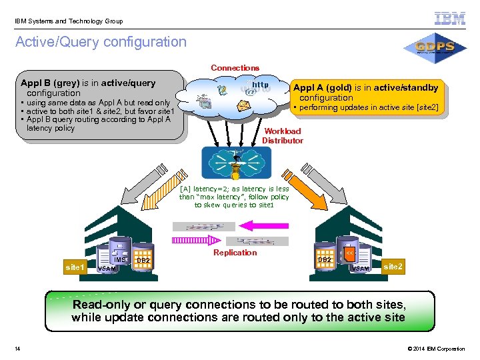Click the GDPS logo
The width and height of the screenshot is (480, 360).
click(x=434, y=47)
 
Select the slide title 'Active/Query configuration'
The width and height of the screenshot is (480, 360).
click(x=101, y=42)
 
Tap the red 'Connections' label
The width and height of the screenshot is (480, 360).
click(x=235, y=67)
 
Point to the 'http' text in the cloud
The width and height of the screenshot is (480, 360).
click(x=261, y=85)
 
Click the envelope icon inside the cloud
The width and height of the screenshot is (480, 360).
click(x=244, y=105)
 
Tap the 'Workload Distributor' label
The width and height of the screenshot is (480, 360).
click(x=283, y=136)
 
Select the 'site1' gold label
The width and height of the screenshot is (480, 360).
click(x=75, y=267)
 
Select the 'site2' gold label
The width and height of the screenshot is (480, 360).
click(x=393, y=267)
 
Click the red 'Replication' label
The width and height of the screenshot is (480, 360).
click(x=235, y=253)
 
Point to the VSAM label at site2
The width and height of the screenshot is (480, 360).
click(x=361, y=269)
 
